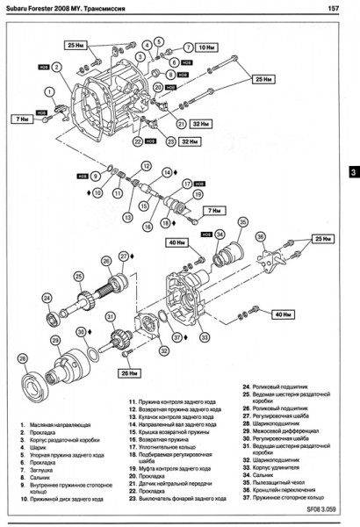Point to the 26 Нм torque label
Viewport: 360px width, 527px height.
point(128,372)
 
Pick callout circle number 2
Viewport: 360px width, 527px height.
point(57,67)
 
